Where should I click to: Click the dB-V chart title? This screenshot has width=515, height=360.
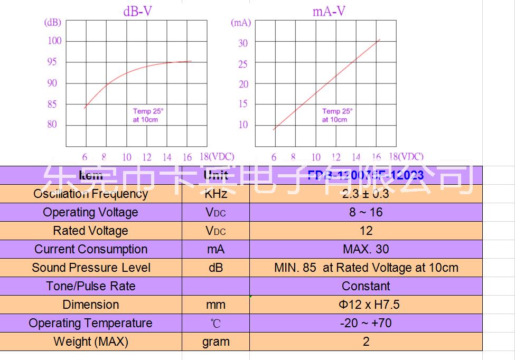pyautogui.click(x=138, y=11)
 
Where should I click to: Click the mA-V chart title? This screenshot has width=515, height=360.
pyautogui.click(x=329, y=11)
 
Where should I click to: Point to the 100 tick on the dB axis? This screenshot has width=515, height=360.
pyautogui.click(x=55, y=41)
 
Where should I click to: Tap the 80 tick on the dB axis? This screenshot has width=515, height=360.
pyautogui.click(x=52, y=125)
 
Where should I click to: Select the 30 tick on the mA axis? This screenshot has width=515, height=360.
pyautogui.click(x=243, y=43)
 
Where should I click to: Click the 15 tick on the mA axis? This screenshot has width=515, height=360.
pyautogui.click(x=242, y=104)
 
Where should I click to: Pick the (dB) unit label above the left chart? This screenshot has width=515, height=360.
pyautogui.click(x=52, y=22)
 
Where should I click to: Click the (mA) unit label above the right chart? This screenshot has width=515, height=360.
pyautogui.click(x=241, y=23)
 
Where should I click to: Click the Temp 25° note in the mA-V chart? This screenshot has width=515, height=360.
pyautogui.click(x=338, y=111)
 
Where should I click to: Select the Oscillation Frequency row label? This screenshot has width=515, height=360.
pyautogui.click(x=90, y=194)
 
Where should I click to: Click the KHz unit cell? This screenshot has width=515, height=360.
pyautogui.click(x=216, y=194)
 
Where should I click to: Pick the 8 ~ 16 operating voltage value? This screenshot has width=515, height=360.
pyautogui.click(x=366, y=212)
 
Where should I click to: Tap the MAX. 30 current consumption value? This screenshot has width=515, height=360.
pyautogui.click(x=366, y=249)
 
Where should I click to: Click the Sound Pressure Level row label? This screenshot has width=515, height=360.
pyautogui.click(x=91, y=268)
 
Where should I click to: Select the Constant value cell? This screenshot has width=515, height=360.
pyautogui.click(x=366, y=286)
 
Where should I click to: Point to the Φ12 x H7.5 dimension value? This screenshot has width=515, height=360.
pyautogui.click(x=366, y=305)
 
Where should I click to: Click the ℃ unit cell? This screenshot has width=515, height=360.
pyautogui.click(x=216, y=324)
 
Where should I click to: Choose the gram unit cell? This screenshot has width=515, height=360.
pyautogui.click(x=216, y=342)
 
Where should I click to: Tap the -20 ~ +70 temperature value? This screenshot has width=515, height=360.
pyautogui.click(x=366, y=323)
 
